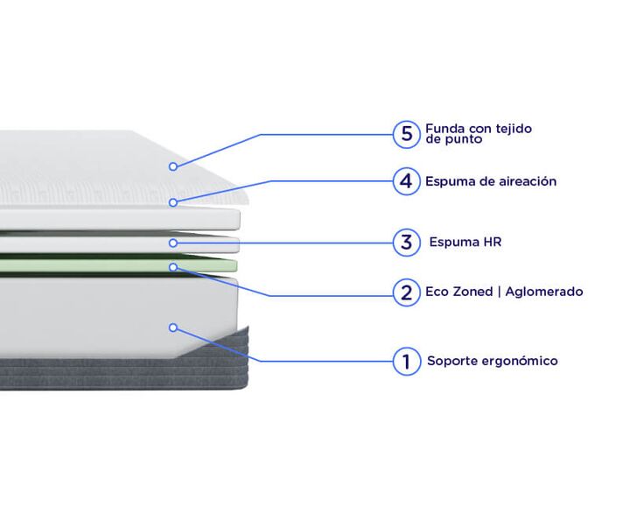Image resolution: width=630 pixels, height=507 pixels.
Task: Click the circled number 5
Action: pyautogui.click(x=406, y=134)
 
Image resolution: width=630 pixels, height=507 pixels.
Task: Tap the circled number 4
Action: pyautogui.click(x=406, y=181)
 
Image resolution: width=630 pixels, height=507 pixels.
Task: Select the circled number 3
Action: pyautogui.click(x=406, y=243)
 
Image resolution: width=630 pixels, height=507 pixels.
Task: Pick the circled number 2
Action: pyautogui.click(x=406, y=292)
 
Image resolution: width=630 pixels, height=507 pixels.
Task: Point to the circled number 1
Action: pyautogui.click(x=406, y=362)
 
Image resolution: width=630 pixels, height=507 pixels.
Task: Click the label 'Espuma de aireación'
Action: pyautogui.click(x=491, y=181)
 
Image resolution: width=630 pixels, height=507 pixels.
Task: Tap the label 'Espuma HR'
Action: pyautogui.click(x=465, y=242)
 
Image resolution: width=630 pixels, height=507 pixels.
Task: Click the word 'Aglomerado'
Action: pyautogui.click(x=544, y=292)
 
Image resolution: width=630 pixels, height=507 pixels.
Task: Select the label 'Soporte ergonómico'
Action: pyautogui.click(x=492, y=361)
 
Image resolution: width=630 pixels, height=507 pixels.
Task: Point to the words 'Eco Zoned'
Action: pyautogui.click(x=458, y=292)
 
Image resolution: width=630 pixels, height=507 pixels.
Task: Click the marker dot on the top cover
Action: pyautogui.click(x=172, y=166)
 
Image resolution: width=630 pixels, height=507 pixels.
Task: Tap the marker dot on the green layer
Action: pyautogui.click(x=172, y=267)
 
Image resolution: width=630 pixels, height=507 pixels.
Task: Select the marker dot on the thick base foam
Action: pyautogui.click(x=172, y=327)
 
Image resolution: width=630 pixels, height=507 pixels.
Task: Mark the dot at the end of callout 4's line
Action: pyautogui.click(x=172, y=202)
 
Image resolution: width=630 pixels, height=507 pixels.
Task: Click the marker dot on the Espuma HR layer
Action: pyautogui.click(x=172, y=243)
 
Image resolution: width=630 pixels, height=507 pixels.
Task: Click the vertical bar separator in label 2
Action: pyautogui.click(x=499, y=292)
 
